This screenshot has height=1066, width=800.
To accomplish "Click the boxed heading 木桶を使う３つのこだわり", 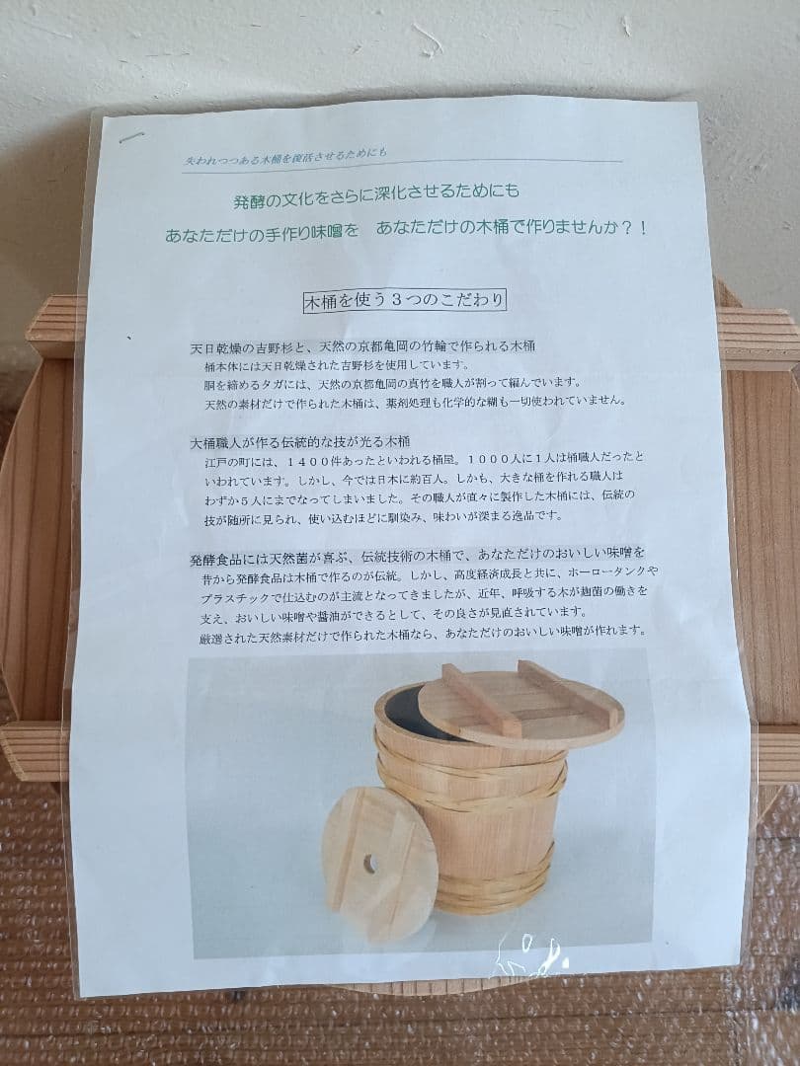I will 404,299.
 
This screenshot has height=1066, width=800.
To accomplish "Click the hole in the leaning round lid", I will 370,864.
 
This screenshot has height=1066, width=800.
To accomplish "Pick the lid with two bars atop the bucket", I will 520,703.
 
